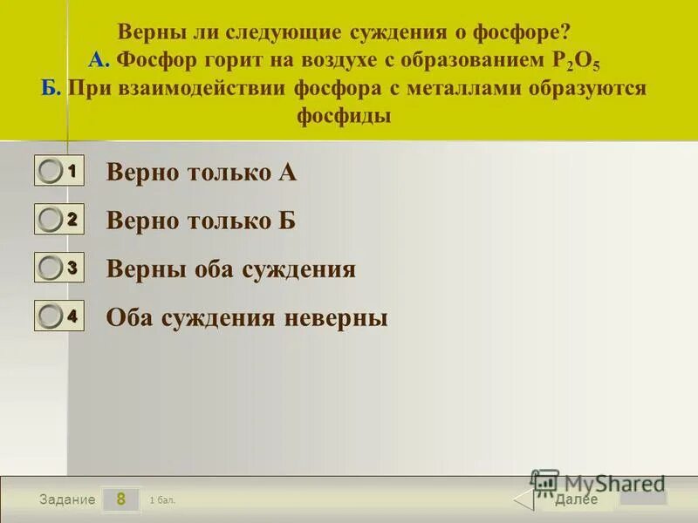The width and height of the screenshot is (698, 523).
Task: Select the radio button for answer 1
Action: (51, 172)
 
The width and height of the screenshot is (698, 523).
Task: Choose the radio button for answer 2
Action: (51, 221)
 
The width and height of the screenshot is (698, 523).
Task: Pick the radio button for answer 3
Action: (51, 268)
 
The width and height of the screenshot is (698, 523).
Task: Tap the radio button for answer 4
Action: (51, 317)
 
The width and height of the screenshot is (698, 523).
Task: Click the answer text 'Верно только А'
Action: (202, 173)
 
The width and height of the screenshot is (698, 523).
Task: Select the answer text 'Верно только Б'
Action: (202, 221)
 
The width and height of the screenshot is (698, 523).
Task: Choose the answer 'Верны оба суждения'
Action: (230, 269)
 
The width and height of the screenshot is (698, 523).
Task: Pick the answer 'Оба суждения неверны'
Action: (247, 318)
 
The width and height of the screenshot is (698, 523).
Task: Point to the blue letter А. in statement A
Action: (99, 60)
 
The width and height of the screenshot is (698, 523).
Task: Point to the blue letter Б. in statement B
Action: (51, 88)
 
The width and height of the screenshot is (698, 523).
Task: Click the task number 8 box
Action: (121, 499)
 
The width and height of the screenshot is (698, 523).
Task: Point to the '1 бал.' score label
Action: (162, 500)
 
